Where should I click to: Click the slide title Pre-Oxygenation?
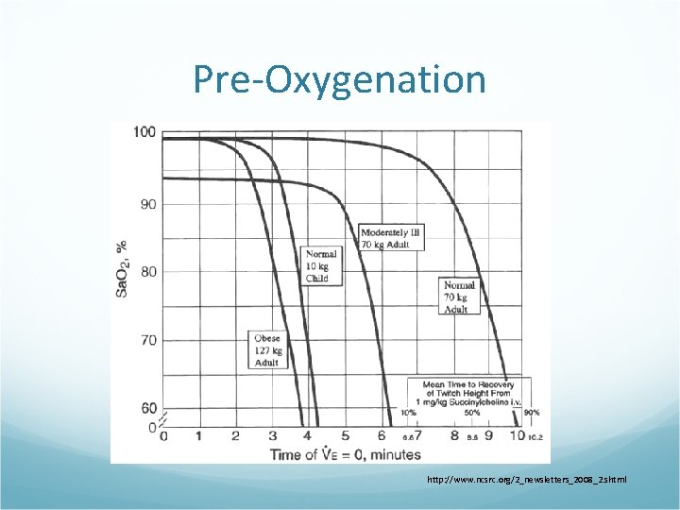click(340, 79)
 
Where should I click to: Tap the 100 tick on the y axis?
click(144, 131)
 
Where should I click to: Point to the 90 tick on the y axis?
click(147, 204)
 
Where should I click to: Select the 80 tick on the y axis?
click(147, 272)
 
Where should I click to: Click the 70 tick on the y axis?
click(147, 340)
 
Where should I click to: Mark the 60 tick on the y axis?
click(147, 408)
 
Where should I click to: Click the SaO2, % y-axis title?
click(122, 268)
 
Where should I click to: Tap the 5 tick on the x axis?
click(345, 436)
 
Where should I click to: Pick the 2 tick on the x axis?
click(235, 436)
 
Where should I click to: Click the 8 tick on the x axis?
click(454, 436)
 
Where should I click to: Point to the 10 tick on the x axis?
click(517, 436)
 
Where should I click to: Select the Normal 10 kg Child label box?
click(316, 266)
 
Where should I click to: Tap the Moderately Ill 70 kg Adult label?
click(392, 238)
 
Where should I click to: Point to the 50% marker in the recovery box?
click(472, 413)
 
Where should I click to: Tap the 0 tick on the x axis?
click(163, 436)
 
